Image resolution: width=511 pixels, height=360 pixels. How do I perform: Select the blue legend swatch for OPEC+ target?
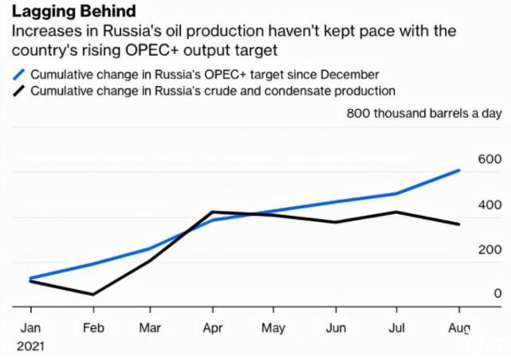tap(21, 74)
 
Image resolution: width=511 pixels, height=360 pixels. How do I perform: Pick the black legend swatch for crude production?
tap(21, 91)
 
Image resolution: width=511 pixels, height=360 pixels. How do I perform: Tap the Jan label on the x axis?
tap(29, 328)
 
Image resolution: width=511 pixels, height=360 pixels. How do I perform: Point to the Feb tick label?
tap(93, 328)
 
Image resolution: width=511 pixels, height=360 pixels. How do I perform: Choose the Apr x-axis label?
tap(211, 328)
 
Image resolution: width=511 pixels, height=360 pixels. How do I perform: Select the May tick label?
tap(273, 328)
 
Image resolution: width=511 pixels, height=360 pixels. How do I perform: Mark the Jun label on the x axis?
tap(336, 328)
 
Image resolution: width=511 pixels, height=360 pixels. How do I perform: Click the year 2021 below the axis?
tap(31, 346)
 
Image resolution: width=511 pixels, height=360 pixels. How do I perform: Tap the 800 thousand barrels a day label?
tap(424, 113)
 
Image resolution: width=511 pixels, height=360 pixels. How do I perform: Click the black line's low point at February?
tap(93, 295)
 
